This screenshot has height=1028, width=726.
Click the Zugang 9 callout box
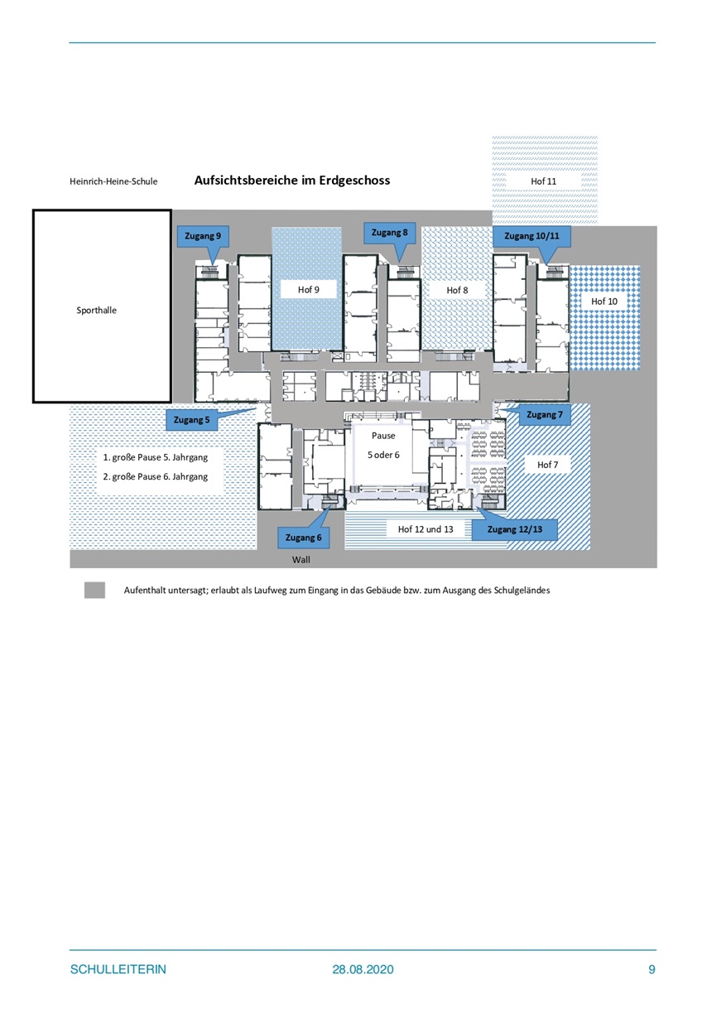[203, 236]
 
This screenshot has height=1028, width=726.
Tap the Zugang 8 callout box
[389, 233]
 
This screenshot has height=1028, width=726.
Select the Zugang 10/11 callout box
[532, 236]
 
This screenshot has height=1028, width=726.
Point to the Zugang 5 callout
[191, 420]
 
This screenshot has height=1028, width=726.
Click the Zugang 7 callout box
[545, 414]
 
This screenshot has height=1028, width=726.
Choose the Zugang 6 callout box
[303, 538]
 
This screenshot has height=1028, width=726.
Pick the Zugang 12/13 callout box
[515, 529]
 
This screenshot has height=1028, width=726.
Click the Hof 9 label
[309, 290]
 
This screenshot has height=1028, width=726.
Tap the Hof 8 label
[457, 290]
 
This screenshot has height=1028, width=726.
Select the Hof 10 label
[604, 302]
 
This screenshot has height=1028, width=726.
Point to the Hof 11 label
[544, 181]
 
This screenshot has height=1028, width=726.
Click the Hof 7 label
[547, 465]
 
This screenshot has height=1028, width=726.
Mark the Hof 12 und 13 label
[426, 529]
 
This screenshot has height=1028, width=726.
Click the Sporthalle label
[96, 311]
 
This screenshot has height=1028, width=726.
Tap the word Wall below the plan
[300, 559]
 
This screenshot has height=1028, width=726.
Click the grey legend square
[94, 590]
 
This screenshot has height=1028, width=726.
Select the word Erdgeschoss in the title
[354, 181]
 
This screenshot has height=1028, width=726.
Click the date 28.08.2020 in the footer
[363, 969]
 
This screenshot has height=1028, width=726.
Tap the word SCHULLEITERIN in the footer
[118, 969]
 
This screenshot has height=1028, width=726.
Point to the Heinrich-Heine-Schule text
[113, 181]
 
